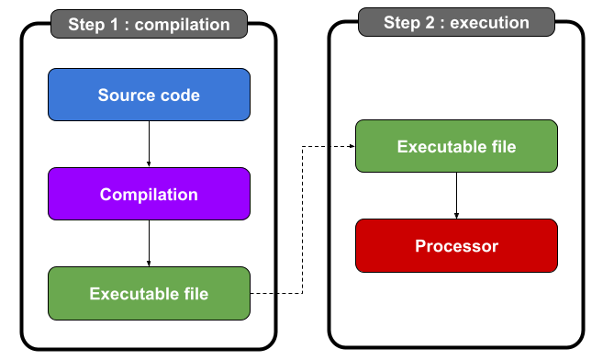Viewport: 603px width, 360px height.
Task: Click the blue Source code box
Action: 149,95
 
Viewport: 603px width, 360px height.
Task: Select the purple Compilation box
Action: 149,194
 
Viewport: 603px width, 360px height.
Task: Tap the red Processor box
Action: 456,245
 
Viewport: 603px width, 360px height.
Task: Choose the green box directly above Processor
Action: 456,146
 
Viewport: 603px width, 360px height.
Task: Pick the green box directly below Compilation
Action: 149,293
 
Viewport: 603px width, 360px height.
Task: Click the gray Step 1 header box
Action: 149,24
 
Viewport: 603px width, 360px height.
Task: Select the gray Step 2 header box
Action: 456,22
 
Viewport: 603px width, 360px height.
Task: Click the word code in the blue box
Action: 181,95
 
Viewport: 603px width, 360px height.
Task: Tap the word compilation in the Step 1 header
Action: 182,25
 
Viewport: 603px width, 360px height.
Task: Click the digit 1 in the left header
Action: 115,24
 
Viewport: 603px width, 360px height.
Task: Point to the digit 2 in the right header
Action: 429,22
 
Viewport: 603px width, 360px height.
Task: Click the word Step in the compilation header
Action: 86,25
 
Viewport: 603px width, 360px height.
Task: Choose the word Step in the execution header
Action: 401,23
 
